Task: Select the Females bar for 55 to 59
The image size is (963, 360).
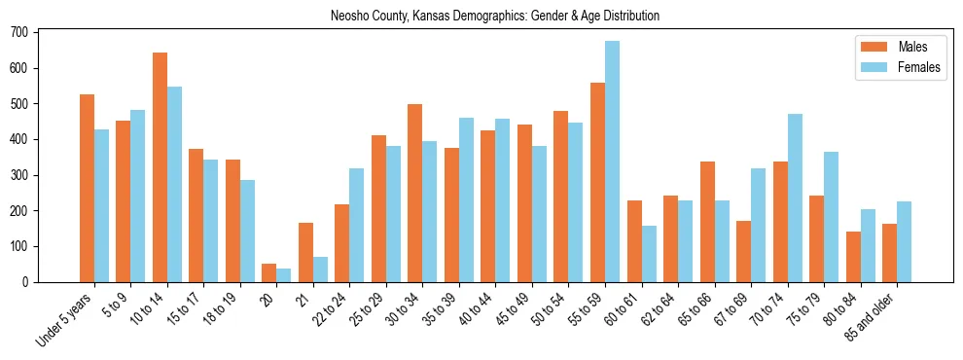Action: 612,162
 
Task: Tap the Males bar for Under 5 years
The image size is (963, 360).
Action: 87,188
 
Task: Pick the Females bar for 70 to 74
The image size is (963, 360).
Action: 795,198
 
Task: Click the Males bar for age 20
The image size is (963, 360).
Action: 269,272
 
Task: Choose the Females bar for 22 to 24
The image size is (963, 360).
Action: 357,225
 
